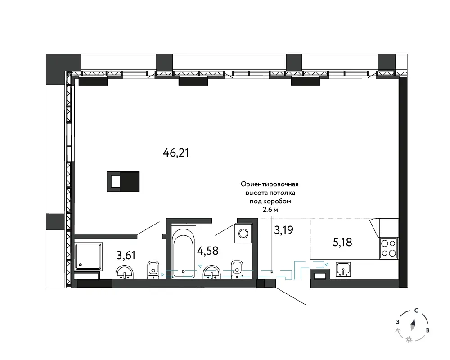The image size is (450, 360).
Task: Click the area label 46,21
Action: click(x=176, y=153)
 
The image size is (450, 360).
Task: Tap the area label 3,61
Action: click(x=126, y=255)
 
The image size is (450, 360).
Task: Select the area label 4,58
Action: click(x=208, y=251)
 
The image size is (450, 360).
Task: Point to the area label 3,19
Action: click(x=283, y=230)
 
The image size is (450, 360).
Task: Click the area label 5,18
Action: click(x=342, y=242)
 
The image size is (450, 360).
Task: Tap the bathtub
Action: click(x=184, y=252)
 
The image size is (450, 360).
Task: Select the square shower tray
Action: click(x=88, y=256)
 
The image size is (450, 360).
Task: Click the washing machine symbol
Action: click(x=243, y=233)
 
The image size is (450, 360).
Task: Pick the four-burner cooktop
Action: click(x=388, y=248)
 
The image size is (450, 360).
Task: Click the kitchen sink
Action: click(x=343, y=269)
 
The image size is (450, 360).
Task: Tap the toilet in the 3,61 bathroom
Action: click(x=153, y=270)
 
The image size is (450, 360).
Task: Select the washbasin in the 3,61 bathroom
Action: click(x=125, y=272)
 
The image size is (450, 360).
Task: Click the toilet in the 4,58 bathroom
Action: click(x=237, y=269)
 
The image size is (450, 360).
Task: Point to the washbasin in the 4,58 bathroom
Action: click(x=212, y=272)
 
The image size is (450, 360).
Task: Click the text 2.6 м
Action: click(x=270, y=210)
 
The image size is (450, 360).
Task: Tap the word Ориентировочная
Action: click(x=270, y=184)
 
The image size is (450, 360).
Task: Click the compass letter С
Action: click(x=416, y=310)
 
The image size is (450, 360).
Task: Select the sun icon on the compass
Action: click(x=409, y=340)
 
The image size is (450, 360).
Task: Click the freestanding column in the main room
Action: click(x=123, y=181)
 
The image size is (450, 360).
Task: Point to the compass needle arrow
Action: click(x=413, y=325)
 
